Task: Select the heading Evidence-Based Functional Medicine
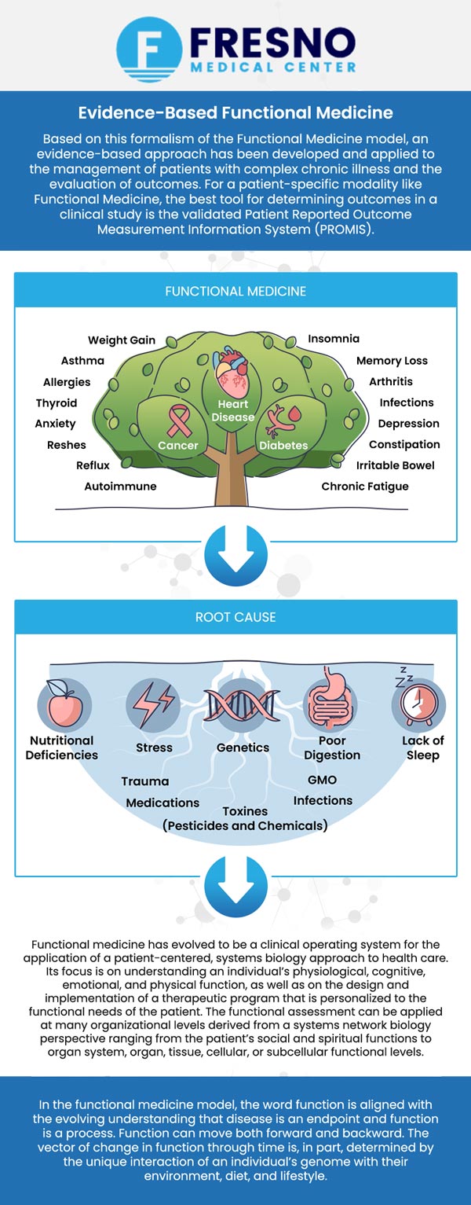(x=235, y=113)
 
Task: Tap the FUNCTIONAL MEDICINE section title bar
(x=235, y=291)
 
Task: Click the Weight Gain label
(x=122, y=340)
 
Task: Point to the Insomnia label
(x=334, y=339)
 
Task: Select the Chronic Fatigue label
(x=365, y=487)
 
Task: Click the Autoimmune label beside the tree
(x=120, y=487)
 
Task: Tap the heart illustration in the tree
(x=233, y=376)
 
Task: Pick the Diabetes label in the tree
(x=283, y=446)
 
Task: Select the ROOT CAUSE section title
(x=235, y=617)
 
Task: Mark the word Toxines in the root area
(x=245, y=811)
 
